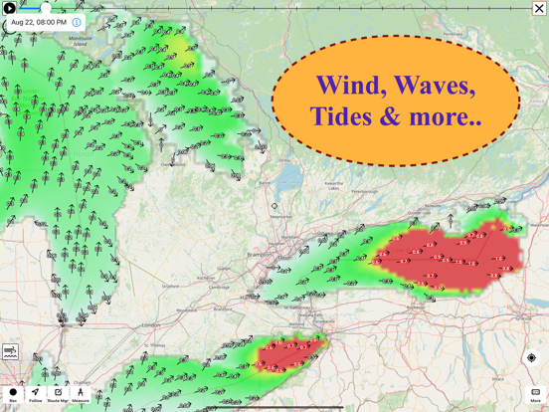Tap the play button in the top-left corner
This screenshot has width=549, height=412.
pyautogui.click(x=10, y=8)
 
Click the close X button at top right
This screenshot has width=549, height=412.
pyautogui.click(x=539, y=8)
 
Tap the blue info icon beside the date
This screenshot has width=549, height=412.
pyautogui.click(x=77, y=22)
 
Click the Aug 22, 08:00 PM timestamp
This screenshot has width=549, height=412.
pyautogui.click(x=38, y=22)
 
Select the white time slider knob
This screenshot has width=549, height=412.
pyautogui.click(x=46, y=8)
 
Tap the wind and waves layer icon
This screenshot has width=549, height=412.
pyautogui.click(x=11, y=352)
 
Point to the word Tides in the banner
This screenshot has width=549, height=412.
pyautogui.click(x=341, y=116)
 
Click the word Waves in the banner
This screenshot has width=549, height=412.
pyautogui.click(x=433, y=86)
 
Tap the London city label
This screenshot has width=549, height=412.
pyautogui.click(x=150, y=325)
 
